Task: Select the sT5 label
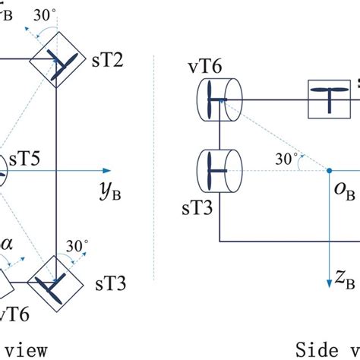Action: [x=26, y=161]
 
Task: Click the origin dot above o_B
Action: [x=330, y=171]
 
